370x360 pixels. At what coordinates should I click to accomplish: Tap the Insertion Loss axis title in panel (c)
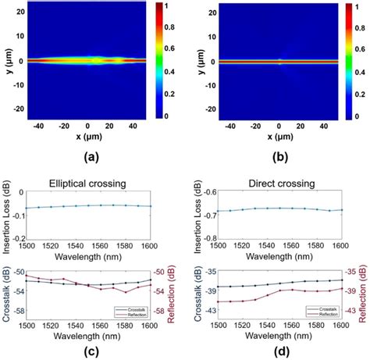tap(6, 219)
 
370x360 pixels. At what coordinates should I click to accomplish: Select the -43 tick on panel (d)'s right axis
tap(354, 311)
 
